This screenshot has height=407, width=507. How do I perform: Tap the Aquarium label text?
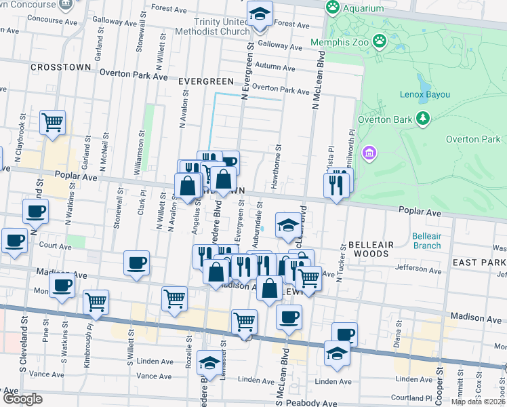click(x=364, y=8)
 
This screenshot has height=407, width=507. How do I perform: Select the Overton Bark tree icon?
click(x=424, y=119)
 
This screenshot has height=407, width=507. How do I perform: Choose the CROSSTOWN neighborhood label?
click(x=60, y=68)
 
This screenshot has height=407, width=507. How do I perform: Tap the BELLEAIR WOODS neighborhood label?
click(x=369, y=248)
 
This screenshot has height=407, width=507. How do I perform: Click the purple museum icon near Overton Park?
click(x=369, y=153)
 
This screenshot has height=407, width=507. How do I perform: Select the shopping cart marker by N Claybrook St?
click(x=52, y=123)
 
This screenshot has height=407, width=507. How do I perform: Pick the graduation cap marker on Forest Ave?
click(x=260, y=14)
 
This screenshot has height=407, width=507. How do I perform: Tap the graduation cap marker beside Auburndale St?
click(x=288, y=225)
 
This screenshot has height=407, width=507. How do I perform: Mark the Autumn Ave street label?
click(x=273, y=67)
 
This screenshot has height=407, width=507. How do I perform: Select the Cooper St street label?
click(x=440, y=380)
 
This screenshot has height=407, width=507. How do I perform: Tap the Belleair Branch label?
click(x=426, y=240)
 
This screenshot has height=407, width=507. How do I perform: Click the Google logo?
click(x=22, y=400)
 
